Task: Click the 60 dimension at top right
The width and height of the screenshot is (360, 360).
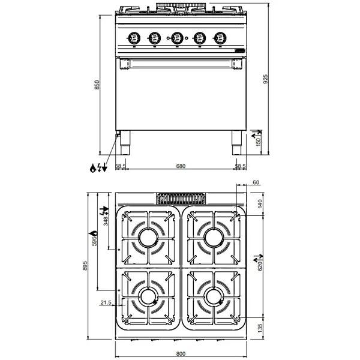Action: (x=256, y=182)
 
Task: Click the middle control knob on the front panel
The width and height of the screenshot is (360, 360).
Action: (x=176, y=38)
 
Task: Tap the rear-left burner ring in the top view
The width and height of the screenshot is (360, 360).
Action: (x=148, y=238)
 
